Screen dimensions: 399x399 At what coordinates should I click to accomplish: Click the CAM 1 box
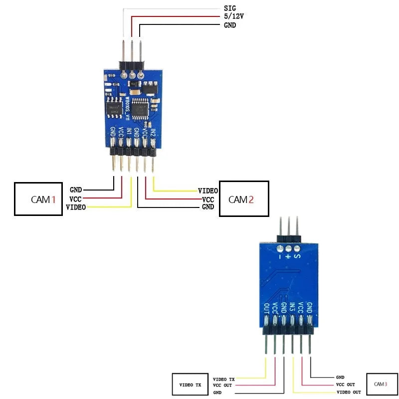[38, 199]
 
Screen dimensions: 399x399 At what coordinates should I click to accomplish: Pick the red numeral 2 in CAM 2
[251, 199]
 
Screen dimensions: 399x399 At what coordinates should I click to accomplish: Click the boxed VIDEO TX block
[190, 385]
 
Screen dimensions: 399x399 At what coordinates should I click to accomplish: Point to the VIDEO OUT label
[349, 392]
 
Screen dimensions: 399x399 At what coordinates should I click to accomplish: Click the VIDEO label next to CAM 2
[207, 191]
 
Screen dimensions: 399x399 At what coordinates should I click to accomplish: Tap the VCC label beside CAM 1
[75, 199]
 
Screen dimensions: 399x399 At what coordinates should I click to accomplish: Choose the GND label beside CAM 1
[76, 190]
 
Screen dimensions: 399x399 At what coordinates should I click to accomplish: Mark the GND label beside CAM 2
[208, 206]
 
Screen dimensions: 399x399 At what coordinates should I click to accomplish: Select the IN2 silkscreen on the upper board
[153, 133]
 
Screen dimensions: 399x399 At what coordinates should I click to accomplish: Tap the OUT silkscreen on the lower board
[266, 309]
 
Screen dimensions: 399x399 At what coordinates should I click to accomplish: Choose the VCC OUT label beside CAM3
[345, 385]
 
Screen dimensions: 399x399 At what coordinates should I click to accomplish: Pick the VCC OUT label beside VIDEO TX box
[222, 385]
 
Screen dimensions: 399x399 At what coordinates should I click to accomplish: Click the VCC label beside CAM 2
[208, 199]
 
